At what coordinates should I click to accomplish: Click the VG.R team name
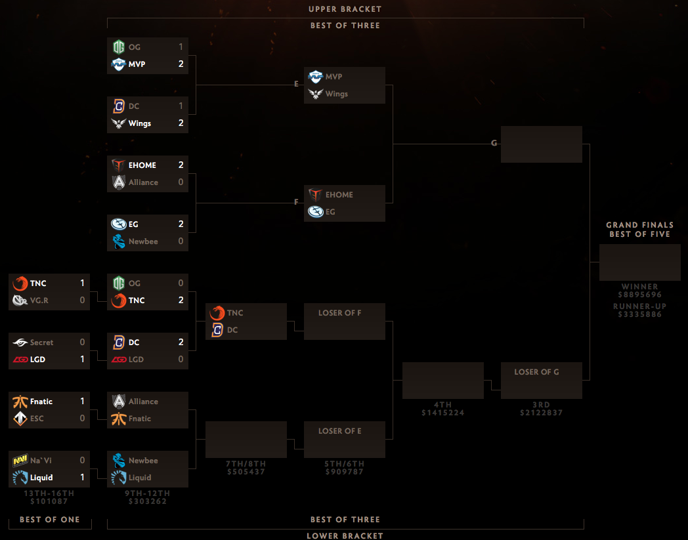coord(39,301)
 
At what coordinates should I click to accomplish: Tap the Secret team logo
coord(20,342)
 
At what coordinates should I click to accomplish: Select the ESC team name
coord(37,419)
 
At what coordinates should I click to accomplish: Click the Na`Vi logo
coord(20,460)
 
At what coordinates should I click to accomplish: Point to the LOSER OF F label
coord(340,313)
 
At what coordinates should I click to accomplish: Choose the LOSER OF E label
coord(340,431)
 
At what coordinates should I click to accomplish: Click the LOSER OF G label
coord(536,372)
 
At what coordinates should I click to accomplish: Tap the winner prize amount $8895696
coord(639,295)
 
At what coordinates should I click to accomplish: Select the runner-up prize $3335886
coord(639,314)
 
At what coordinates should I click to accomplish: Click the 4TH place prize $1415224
coord(442,413)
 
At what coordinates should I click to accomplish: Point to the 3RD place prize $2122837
coord(542,413)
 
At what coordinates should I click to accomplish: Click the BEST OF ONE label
coord(50,520)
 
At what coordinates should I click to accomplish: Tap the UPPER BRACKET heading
coord(345,9)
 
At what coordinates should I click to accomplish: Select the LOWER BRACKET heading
coord(345,536)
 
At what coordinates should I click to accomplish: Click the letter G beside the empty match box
coord(494,143)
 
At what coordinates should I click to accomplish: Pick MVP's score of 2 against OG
coord(181,64)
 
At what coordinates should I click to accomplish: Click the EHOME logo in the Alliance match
coord(118,165)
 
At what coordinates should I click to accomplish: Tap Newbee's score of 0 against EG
coord(181,241)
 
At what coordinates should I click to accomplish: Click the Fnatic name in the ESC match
coord(41,402)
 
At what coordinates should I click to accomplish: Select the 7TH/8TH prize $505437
coord(246,472)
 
